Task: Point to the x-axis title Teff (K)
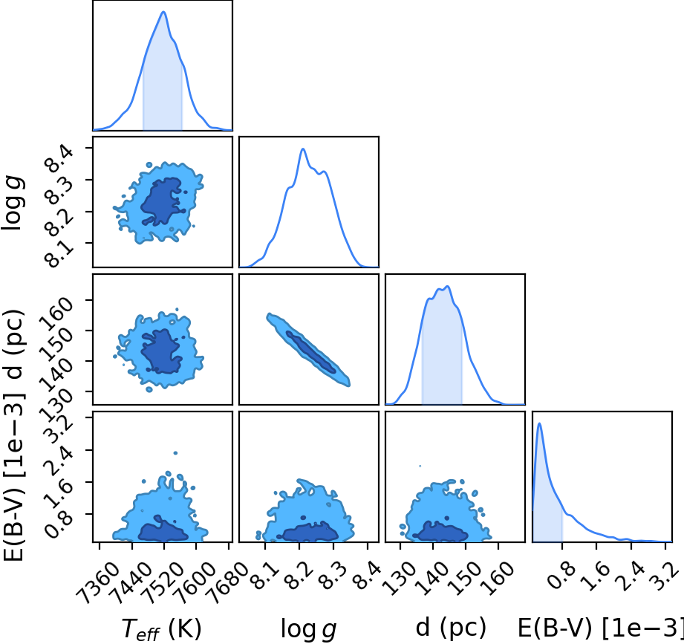point(161,629)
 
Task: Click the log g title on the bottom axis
point(308,629)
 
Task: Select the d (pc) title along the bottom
point(451,628)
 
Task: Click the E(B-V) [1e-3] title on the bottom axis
point(601,628)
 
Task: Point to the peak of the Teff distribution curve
point(163,12)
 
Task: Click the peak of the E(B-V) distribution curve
point(540,423)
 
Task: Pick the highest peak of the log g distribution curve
point(303,149)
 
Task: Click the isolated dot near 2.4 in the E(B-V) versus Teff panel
point(175,453)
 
